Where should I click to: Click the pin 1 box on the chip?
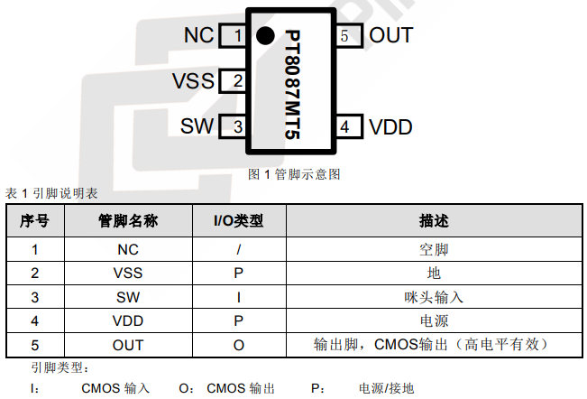[x=237, y=35]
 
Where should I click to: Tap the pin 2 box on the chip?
[x=237, y=81]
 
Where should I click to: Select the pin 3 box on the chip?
[x=237, y=126]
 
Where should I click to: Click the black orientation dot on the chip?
[x=264, y=35]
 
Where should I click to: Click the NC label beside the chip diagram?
[x=198, y=35]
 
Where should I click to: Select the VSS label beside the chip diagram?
[x=193, y=81]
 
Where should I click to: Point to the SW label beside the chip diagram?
[x=197, y=126]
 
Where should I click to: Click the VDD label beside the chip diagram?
[x=390, y=126]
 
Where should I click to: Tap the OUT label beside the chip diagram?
[x=391, y=35]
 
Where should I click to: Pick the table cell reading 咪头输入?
[x=434, y=296]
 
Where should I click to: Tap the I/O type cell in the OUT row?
[x=238, y=345]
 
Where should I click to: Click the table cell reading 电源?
[x=434, y=320]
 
